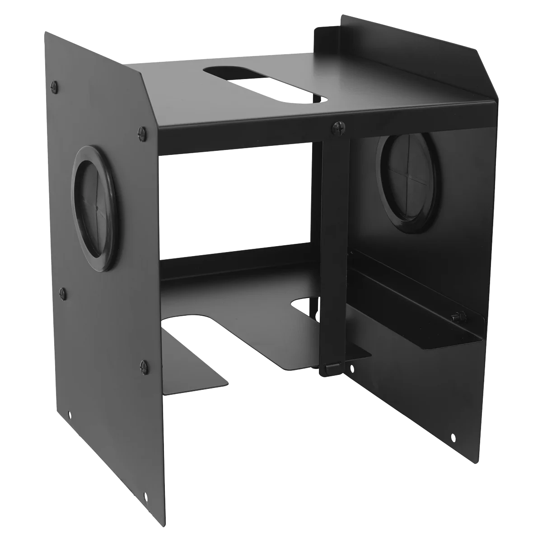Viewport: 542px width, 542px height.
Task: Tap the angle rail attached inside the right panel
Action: (x=416, y=298)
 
